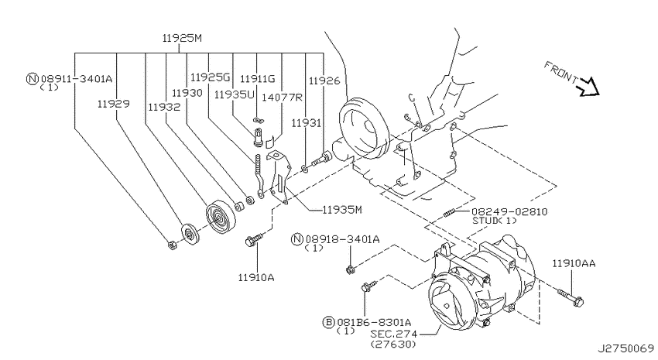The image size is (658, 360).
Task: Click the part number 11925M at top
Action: click(x=182, y=38)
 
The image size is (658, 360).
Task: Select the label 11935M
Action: click(x=341, y=209)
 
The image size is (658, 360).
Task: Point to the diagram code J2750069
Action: click(x=625, y=348)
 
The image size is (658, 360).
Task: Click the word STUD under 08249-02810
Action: click(x=485, y=221)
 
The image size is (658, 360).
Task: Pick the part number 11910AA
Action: click(x=573, y=263)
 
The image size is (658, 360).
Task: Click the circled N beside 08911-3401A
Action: click(x=33, y=78)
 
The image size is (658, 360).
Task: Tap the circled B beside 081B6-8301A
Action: click(x=328, y=322)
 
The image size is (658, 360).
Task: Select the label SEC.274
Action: click(x=394, y=334)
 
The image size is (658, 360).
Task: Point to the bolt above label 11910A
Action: click(x=253, y=239)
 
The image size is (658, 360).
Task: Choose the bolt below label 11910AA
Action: click(x=571, y=297)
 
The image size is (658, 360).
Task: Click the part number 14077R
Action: click(x=282, y=98)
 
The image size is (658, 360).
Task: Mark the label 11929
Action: click(x=113, y=104)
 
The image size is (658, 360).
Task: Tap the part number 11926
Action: click(x=324, y=81)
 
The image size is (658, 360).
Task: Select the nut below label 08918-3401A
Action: click(x=350, y=269)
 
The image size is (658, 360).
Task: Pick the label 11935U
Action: click(x=234, y=94)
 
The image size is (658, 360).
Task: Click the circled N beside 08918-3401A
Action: click(x=297, y=239)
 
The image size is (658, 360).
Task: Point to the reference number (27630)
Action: click(x=393, y=344)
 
